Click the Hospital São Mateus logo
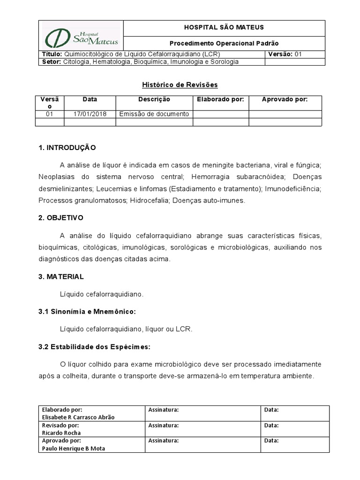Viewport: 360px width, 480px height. pyautogui.click(x=81, y=36)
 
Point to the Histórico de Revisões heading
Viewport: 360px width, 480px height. pyautogui.click(x=180, y=85)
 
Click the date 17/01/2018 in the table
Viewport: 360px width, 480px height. pyautogui.click(x=90, y=114)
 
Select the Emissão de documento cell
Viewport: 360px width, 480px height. pyautogui.click(x=154, y=114)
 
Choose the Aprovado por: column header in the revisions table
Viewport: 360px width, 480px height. pyautogui.click(x=285, y=99)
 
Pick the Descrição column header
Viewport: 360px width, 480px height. pyautogui.click(x=154, y=99)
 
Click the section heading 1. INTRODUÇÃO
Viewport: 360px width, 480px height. pyautogui.click(x=67, y=148)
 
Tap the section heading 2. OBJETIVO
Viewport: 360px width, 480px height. pyautogui.click(x=61, y=218)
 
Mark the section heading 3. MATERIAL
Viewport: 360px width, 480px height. pyautogui.click(x=61, y=277)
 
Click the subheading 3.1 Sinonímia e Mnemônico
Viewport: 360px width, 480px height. pyautogui.click(x=87, y=312)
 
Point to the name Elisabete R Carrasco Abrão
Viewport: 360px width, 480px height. pyautogui.click(x=78, y=417)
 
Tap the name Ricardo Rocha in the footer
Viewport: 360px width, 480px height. pyautogui.click(x=61, y=433)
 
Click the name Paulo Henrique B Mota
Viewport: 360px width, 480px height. pyautogui.click(x=74, y=449)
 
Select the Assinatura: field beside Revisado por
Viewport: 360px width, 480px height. pyautogui.click(x=164, y=425)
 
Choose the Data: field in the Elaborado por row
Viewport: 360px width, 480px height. pyautogui.click(x=271, y=410)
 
